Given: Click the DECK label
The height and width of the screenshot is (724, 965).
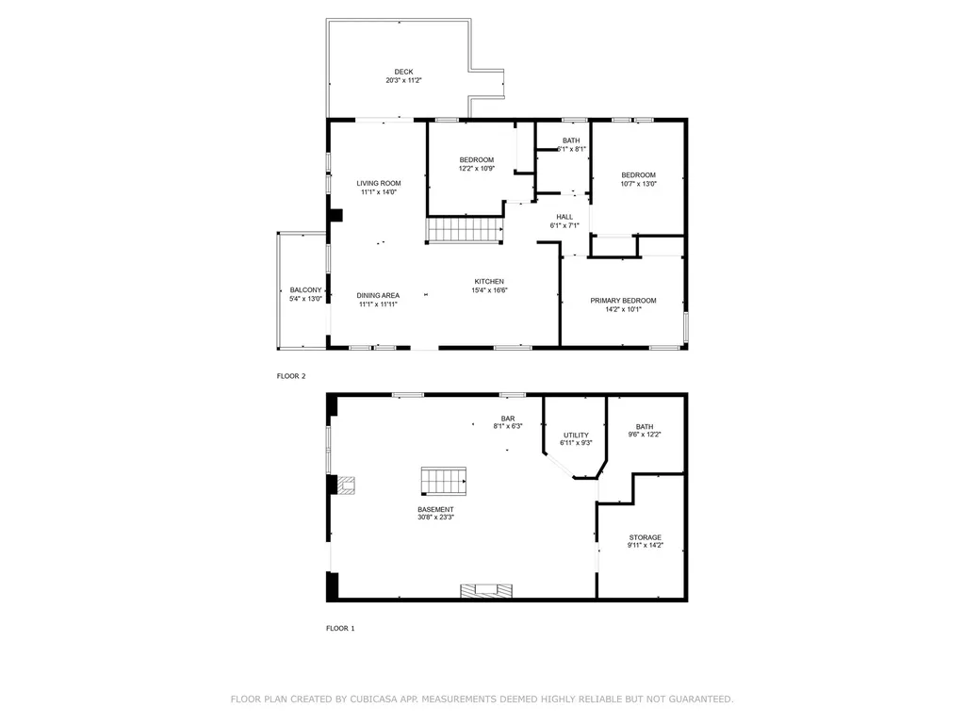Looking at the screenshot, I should pos(403,72).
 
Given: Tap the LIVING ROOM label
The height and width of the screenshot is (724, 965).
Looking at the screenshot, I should pos(378,183).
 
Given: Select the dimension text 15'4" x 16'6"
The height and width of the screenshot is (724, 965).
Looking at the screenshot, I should pos(489,291).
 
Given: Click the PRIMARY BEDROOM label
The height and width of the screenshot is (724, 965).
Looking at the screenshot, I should pos(623,300).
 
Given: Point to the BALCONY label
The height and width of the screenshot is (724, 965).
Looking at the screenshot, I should pos(305,289).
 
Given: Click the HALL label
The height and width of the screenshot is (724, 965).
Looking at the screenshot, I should pos(564,217).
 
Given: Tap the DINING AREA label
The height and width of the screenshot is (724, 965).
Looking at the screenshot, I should pos(378,295).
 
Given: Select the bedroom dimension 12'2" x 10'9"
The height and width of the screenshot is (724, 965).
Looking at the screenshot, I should pos(476,169).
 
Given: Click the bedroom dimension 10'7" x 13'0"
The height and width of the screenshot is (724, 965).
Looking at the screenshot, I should pos(638,184).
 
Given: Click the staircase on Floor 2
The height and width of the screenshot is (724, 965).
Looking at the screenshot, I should pos(463,230).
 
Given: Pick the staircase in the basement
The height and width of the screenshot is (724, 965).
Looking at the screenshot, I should pos(444,481).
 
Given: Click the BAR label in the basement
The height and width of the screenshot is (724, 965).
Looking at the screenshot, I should pos(508,418).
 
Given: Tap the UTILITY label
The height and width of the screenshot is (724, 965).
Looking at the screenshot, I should pos(576,435).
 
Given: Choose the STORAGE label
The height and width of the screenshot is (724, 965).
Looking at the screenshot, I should pos(646,537).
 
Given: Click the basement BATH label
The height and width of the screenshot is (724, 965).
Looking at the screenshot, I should pos(645,426).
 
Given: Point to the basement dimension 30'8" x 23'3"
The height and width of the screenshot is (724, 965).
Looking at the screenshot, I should pos(436,517).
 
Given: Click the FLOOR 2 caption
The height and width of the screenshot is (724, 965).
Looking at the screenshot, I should pos(290,376).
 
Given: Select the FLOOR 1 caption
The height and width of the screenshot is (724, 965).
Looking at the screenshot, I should pos(340,628).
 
